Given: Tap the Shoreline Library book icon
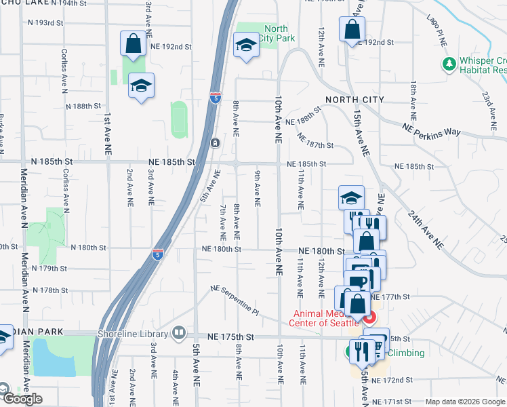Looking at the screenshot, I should (x=178, y=333).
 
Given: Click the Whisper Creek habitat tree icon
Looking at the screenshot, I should (x=448, y=64).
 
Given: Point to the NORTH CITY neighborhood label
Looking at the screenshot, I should (x=354, y=100).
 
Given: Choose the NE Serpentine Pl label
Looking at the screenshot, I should (x=235, y=300).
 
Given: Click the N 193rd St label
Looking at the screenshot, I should (x=49, y=22).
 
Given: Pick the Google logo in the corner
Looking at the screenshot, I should (x=22, y=399).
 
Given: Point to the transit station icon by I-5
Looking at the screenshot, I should (x=214, y=142).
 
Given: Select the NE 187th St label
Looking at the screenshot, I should (x=316, y=141).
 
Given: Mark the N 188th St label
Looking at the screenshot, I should (x=83, y=106).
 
